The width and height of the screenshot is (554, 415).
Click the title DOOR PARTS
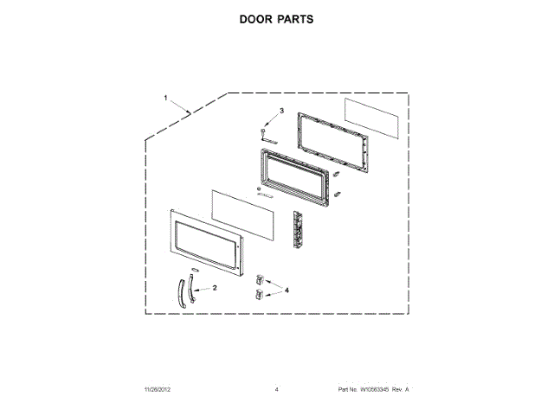276,19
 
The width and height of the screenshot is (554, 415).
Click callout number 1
166,98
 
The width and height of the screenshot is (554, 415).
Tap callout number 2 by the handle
215,287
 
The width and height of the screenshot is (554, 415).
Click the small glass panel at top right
373,117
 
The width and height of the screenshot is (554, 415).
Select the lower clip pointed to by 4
257,295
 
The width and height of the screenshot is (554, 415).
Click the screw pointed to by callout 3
263,131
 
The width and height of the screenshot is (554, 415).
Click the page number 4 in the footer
277,390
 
